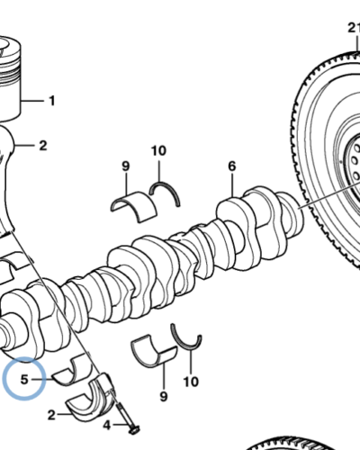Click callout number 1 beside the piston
52,101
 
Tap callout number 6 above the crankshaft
232,166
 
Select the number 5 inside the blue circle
24,380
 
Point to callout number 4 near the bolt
107,425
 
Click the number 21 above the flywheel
354,28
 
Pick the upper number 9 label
126,166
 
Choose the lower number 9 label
164,397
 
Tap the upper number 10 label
158,150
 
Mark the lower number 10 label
191,382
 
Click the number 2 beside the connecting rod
43,146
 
